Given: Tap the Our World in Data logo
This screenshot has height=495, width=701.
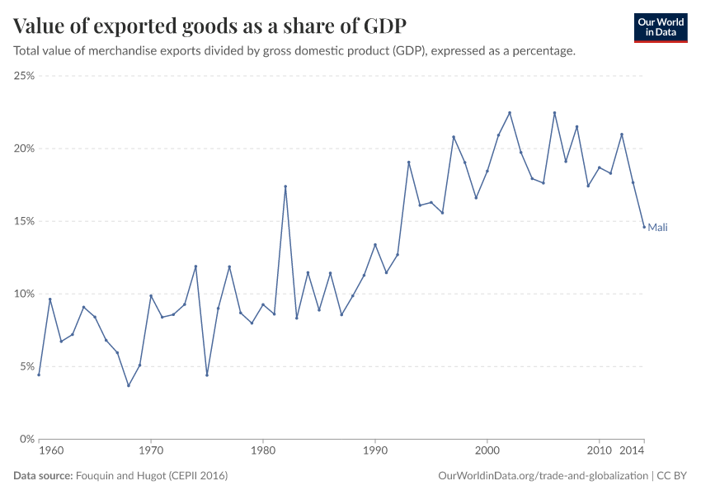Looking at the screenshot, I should (660, 27).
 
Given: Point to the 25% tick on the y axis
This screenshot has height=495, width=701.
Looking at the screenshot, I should (24, 76).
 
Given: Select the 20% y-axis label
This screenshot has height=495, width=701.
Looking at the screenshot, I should (24, 148).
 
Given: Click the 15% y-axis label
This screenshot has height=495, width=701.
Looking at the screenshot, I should (24, 221).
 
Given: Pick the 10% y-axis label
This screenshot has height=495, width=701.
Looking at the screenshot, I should (24, 294).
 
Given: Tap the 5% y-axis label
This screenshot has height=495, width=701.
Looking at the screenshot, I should (26, 366).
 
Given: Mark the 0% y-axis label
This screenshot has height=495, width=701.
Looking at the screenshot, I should (26, 439).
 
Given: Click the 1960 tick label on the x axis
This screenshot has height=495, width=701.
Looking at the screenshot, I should (50, 451).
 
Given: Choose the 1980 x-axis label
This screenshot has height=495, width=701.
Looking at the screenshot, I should (263, 451).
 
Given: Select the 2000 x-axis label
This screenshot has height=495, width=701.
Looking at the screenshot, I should (487, 451).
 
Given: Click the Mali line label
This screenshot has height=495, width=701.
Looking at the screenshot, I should (657, 228).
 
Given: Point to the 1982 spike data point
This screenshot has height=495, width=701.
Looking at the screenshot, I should (285, 186).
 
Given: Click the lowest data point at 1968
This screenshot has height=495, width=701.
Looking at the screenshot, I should (129, 385).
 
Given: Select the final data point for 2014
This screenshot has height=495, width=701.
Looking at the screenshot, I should (644, 227).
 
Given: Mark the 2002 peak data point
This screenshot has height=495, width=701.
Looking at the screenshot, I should (510, 113).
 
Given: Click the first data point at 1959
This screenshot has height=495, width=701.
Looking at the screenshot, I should (39, 375).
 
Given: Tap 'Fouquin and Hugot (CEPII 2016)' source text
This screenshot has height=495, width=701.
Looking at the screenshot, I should (152, 476).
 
